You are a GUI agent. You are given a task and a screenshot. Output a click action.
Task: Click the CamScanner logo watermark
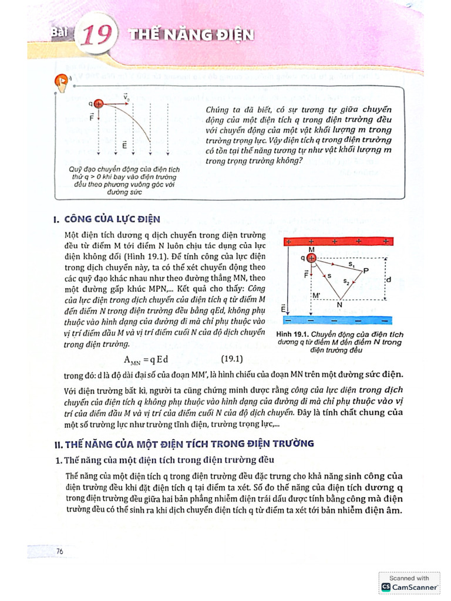coord(410,586)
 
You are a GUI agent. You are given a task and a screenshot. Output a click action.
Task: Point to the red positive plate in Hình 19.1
coord(337,241)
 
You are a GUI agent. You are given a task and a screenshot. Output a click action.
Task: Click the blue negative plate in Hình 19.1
coord(337,320)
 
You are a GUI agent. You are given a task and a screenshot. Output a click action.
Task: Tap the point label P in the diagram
coord(366,271)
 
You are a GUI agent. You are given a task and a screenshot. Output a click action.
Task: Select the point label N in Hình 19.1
coord(339,304)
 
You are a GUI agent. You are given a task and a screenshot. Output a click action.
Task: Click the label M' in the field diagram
coord(317,295)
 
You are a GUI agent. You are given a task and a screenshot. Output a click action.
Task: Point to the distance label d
coord(388,279)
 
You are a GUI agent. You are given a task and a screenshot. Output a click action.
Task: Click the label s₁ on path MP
coord(351,265)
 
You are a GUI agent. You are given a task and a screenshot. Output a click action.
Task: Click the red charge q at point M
coord(311,258)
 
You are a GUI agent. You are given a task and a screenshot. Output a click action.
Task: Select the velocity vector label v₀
coord(126,96)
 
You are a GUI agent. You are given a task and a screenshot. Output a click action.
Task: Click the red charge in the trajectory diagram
coord(99,103)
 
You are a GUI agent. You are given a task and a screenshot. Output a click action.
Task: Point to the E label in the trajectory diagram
coord(124,143)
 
